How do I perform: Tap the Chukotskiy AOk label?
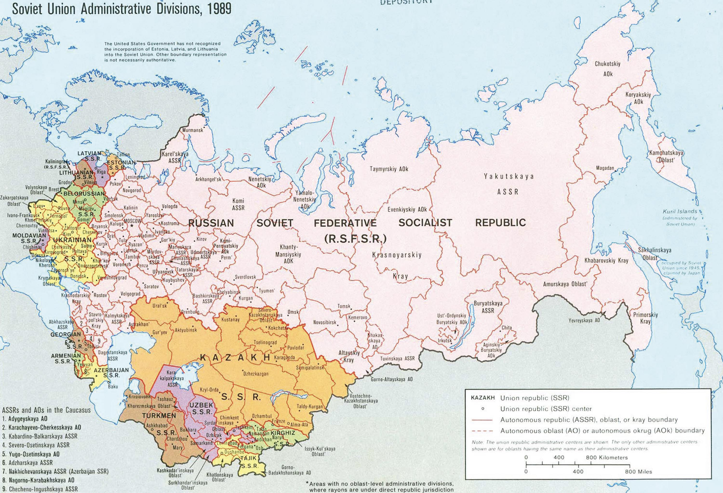point(608,69)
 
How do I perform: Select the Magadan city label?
point(605,168)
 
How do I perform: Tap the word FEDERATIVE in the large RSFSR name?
point(345,223)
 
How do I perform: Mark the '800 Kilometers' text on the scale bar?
point(607,458)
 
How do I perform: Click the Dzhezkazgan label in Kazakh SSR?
point(256,374)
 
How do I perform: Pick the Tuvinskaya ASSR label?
point(397,358)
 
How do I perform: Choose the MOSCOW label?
point(132,221)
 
